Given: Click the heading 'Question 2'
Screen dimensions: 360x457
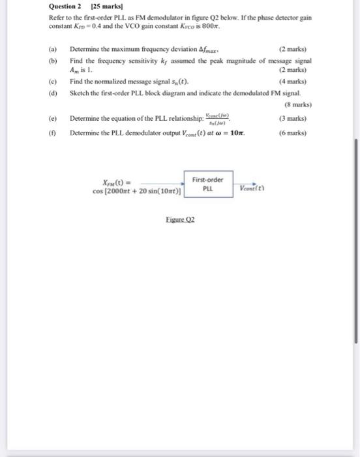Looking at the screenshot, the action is pyautogui.click(x=65, y=8).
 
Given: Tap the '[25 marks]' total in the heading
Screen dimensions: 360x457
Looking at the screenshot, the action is pyautogui.click(x=100, y=8).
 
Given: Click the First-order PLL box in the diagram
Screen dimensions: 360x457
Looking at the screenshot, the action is pyautogui.click(x=208, y=184).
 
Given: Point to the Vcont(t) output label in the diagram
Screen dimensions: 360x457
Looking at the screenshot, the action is pyautogui.click(x=252, y=185).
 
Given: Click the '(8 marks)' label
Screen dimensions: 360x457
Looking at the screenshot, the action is pyautogui.click(x=299, y=104).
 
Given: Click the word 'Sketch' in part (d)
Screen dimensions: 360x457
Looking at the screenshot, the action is pyautogui.click(x=79, y=92).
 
